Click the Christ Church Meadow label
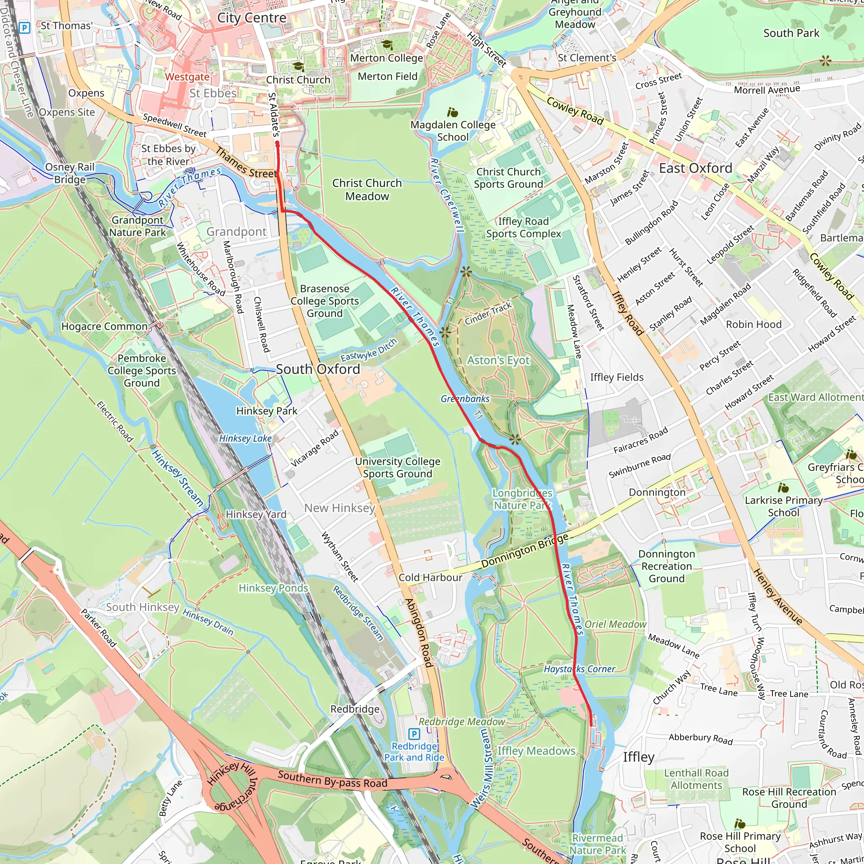click(x=367, y=189)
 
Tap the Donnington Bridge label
click(x=524, y=551)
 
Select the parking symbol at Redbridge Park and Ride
click(x=414, y=734)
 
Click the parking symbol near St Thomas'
click(x=24, y=28)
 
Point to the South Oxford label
click(x=318, y=369)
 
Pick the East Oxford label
click(x=695, y=168)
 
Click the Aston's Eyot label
click(x=498, y=360)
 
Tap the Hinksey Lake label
click(x=245, y=438)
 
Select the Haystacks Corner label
click(x=579, y=669)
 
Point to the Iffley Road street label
click(x=627, y=313)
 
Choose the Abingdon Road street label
click(x=419, y=633)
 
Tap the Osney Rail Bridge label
click(x=70, y=173)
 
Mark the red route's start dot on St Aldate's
click(x=277, y=143)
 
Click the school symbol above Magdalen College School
click(x=453, y=112)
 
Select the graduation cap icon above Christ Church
click(x=298, y=67)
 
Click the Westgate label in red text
click(x=187, y=77)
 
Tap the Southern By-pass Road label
click(x=332, y=779)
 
